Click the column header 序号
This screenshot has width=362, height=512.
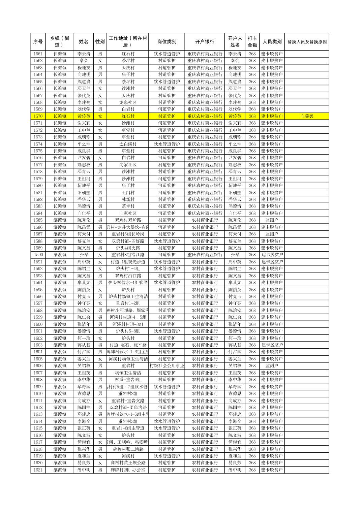coord(38,42)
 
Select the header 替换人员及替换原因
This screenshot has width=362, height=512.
coord(307,42)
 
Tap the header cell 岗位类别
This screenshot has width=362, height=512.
coord(167,42)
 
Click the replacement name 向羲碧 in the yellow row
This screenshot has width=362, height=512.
coord(307,116)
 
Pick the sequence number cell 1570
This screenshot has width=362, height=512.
coord(38,116)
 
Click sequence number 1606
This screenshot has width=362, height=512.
coord(38,366)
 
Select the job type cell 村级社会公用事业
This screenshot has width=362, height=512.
coord(167,366)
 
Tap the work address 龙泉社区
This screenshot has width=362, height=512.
coord(128,102)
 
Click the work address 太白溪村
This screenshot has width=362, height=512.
coord(128,144)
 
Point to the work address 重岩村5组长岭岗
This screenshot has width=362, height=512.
coord(128,234)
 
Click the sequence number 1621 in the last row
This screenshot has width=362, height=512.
coord(38,470)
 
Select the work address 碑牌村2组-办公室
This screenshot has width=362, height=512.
coord(128,470)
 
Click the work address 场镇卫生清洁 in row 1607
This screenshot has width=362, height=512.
coord(128,373)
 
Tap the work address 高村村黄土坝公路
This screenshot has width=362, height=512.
coord(128,463)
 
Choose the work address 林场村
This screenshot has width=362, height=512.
coord(128,199)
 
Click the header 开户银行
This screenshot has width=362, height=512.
coord(205,42)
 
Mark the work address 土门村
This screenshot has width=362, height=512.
coord(128,193)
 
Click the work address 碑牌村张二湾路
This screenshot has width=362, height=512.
coord(128,449)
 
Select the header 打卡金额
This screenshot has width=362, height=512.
coord(252,42)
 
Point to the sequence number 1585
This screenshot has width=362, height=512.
coord(38,220)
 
